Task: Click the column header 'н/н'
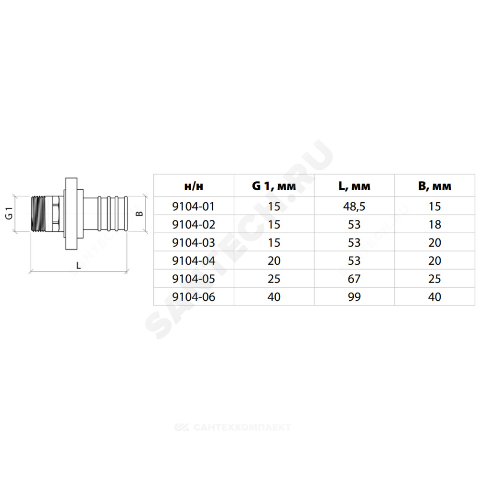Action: click(x=194, y=186)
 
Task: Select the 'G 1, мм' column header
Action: click(x=274, y=185)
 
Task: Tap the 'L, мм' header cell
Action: click(x=354, y=186)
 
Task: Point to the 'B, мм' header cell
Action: click(x=435, y=186)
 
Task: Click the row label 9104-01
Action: click(x=194, y=206)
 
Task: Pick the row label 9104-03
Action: click(x=194, y=243)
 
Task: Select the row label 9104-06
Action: click(x=194, y=297)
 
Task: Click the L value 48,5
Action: click(x=354, y=206)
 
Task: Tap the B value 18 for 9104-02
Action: click(x=435, y=225)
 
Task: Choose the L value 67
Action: click(x=354, y=279)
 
